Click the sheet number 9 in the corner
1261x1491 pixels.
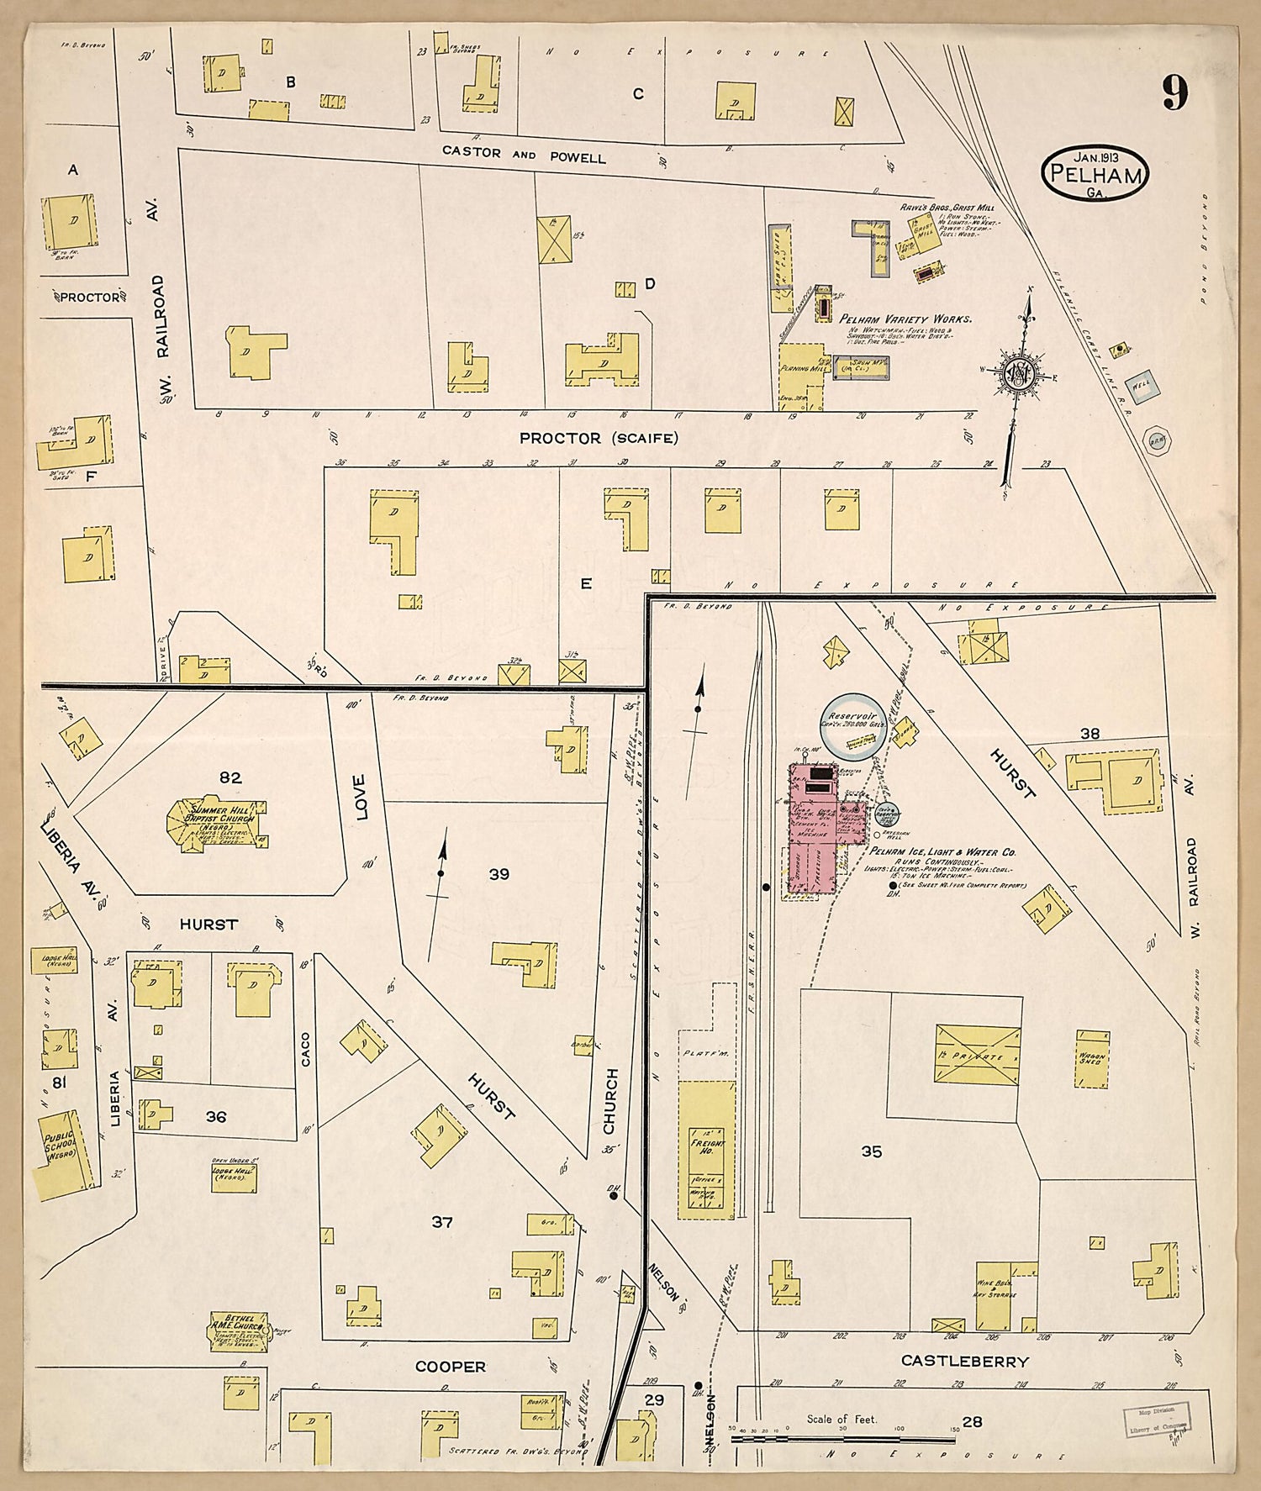click(1174, 92)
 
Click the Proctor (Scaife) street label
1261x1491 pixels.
click(598, 438)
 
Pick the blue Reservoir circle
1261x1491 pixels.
click(852, 724)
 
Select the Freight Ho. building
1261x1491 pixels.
click(706, 1150)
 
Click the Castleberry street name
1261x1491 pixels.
click(964, 1360)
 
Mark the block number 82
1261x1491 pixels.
click(230, 778)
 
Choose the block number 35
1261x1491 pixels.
click(872, 1151)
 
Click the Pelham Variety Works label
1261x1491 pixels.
click(905, 319)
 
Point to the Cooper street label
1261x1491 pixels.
click(451, 1367)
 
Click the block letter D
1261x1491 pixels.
click(649, 284)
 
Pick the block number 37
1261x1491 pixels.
click(442, 1222)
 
